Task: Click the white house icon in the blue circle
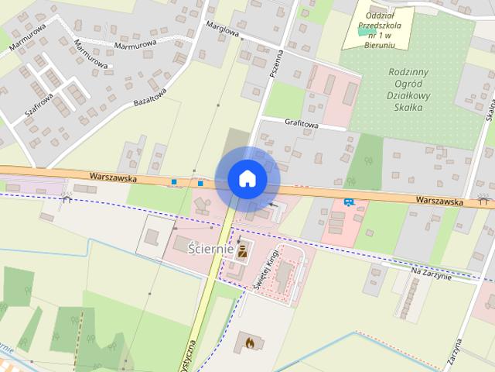pyautogui.click(x=247, y=179)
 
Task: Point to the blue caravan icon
pyautogui.click(x=349, y=202)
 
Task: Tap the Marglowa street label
pyautogui.click(x=222, y=29)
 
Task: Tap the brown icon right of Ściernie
pyautogui.click(x=243, y=250)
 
